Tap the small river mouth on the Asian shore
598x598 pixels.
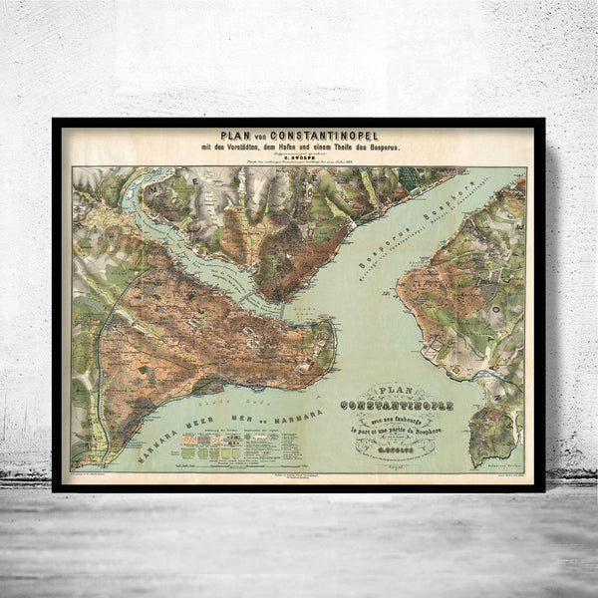(489, 373)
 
